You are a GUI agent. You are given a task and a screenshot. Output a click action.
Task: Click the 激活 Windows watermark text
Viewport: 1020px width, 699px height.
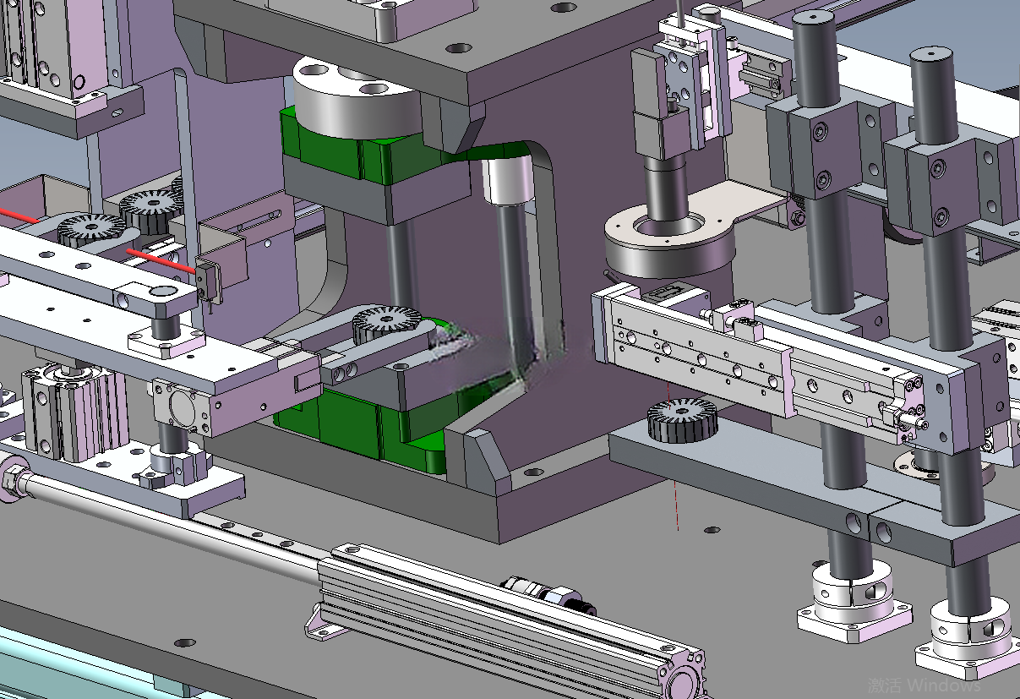[x=924, y=685]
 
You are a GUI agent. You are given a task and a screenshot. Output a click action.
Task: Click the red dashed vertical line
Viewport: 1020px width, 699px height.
[x=673, y=456]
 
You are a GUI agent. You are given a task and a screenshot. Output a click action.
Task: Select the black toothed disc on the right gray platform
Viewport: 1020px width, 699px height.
[x=682, y=420]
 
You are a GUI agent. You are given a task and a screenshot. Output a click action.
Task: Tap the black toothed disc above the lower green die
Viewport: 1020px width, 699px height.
[x=386, y=324]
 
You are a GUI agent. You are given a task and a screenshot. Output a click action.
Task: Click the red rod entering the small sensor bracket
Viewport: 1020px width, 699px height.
[x=161, y=260]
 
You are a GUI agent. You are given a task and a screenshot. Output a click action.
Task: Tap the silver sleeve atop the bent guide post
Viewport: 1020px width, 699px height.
[x=507, y=180]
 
